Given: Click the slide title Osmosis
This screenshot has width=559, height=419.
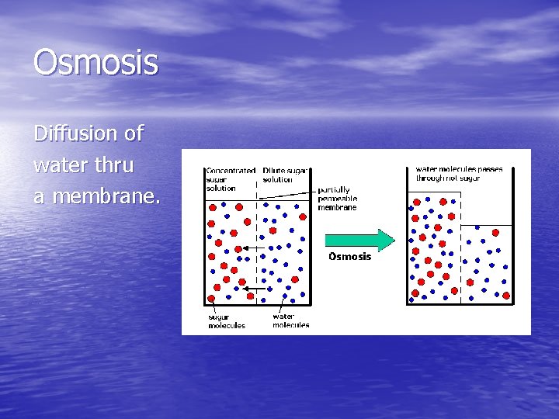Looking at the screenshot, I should pyautogui.click(x=95, y=62).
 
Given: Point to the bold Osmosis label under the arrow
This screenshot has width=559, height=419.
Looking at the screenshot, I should pyautogui.click(x=349, y=257).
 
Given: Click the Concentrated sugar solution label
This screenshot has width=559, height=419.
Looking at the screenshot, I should pyautogui.click(x=231, y=178).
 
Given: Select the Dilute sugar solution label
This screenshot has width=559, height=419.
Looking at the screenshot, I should pyautogui.click(x=285, y=175).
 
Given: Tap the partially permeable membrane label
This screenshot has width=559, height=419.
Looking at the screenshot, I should pyautogui.click(x=337, y=199).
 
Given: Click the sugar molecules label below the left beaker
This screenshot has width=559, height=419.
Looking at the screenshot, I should pyautogui.click(x=226, y=320).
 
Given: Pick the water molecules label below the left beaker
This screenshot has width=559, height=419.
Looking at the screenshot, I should pyautogui.click(x=290, y=320).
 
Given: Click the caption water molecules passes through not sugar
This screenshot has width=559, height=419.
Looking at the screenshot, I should pyautogui.click(x=458, y=173).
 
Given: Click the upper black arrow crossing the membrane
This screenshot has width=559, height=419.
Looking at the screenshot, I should pyautogui.click(x=250, y=248).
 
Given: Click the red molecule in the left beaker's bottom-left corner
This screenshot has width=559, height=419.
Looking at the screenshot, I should pyautogui.click(x=211, y=297).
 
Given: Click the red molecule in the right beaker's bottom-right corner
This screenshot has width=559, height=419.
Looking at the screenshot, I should pyautogui.click(x=506, y=296).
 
